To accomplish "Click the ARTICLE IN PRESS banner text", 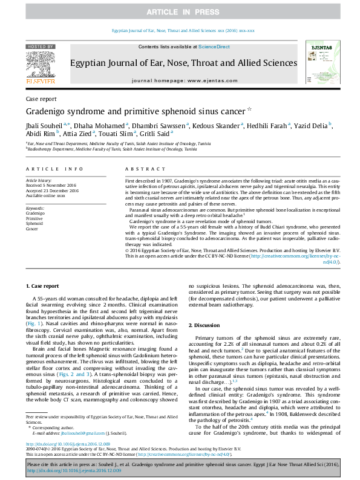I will (180, 12).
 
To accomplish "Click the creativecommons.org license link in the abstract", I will (290, 256).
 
